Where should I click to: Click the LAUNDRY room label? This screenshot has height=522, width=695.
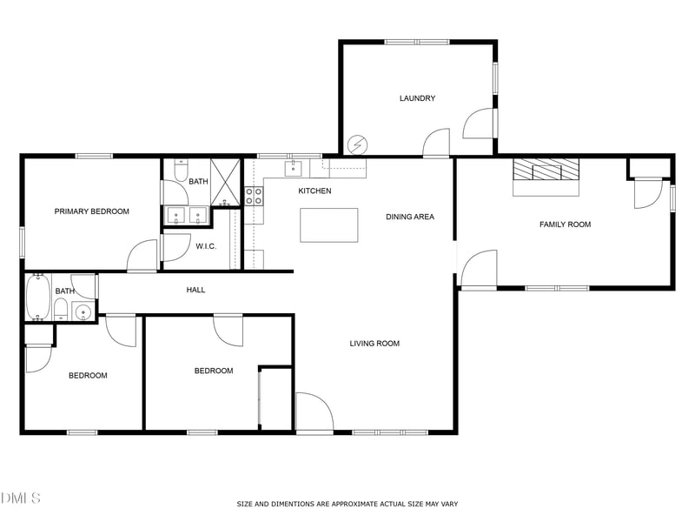pos(417,98)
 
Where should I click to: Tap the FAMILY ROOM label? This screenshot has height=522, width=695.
pos(565,224)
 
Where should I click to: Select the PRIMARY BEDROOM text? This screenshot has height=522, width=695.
pos(91,211)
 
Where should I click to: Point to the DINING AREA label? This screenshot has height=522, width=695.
pos(410,217)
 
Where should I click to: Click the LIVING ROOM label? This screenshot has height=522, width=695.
pos(374,344)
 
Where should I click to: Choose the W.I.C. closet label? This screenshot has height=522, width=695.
pos(205,246)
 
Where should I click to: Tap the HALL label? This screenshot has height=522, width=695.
pos(196,290)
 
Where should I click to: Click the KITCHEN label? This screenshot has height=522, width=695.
pos(314,191)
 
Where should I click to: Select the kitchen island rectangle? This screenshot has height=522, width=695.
pos(328,224)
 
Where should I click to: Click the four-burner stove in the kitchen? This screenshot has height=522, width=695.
pos(254,197)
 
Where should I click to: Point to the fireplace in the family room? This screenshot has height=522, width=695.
pos(546,172)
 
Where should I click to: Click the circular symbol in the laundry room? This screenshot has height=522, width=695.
pos(357,144)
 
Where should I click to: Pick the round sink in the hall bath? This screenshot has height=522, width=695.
pos(83,312)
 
